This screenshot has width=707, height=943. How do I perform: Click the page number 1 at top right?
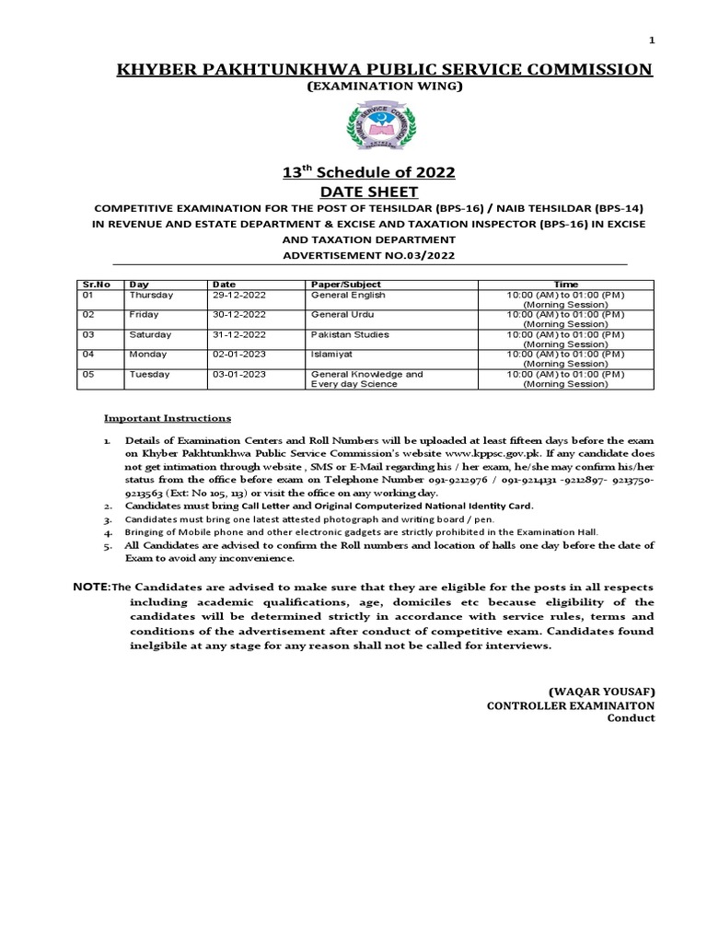pyautogui.click(x=652, y=41)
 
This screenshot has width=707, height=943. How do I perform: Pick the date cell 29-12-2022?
pyautogui.click(x=238, y=296)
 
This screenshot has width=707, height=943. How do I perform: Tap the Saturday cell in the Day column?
pyautogui.click(x=150, y=334)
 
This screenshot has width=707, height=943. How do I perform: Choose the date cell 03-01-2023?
pyautogui.click(x=238, y=374)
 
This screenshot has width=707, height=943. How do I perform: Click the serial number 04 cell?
pyautogui.click(x=88, y=354)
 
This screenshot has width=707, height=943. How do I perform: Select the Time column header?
pyautogui.click(x=565, y=285)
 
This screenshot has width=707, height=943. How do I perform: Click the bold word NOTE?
pyautogui.click(x=91, y=587)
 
